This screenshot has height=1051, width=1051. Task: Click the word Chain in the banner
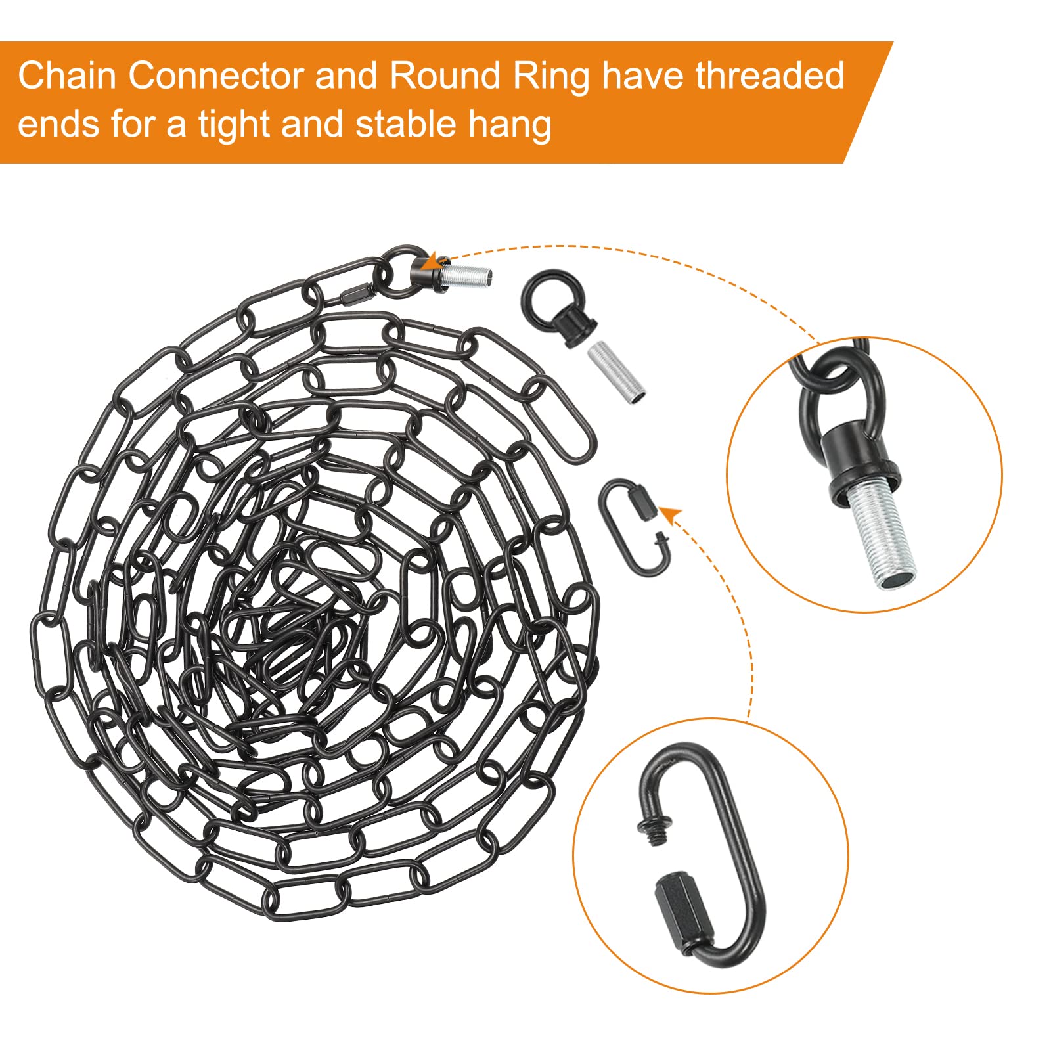(68, 76)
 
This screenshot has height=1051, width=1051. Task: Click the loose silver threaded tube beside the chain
(615, 372)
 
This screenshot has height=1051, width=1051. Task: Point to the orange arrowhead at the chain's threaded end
(430, 262)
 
